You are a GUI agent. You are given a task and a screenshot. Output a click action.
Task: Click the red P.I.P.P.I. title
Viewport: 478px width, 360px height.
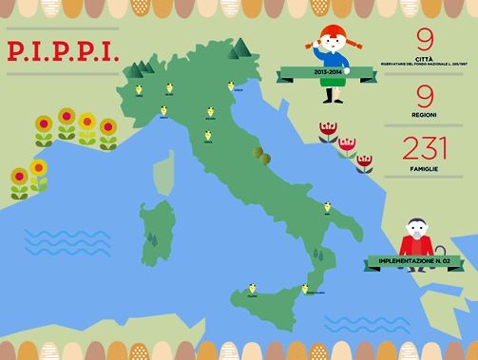point(64,50)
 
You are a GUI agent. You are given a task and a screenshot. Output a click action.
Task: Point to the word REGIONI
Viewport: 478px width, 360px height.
point(425,115)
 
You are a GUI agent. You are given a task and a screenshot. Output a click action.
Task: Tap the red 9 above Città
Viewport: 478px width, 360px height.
point(425,40)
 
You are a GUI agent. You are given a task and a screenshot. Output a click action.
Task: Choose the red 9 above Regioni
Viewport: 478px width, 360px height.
point(425,96)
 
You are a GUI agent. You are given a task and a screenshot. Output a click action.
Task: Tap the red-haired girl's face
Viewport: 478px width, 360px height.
point(332,46)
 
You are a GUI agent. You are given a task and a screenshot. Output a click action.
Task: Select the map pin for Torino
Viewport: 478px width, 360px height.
point(140,90)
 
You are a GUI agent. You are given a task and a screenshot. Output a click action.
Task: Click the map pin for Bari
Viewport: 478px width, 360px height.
point(327,208)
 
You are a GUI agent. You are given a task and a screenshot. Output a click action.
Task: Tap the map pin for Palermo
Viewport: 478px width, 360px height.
point(252,288)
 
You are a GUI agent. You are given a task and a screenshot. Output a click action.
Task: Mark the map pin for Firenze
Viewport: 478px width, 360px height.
point(207,136)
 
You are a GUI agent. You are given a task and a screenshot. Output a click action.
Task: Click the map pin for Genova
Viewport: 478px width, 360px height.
point(163,111)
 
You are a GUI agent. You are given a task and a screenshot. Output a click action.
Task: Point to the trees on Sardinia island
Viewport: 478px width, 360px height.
point(153,238)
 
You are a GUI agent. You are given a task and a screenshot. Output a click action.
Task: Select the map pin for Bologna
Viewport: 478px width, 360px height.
point(210,112)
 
